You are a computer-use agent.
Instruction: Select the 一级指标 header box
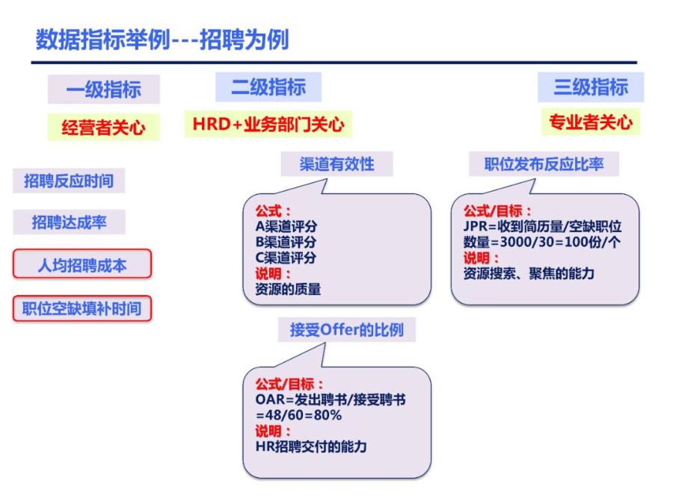(x=94, y=90)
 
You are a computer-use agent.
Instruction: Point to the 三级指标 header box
(x=591, y=87)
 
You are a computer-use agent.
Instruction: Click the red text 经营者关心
(x=93, y=128)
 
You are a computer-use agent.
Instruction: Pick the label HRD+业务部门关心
(x=268, y=125)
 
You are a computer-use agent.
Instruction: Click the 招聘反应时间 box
(x=68, y=181)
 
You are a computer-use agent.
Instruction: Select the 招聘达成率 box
(x=68, y=222)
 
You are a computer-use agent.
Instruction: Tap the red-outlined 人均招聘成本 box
(x=82, y=264)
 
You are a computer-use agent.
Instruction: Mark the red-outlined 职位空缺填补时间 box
(x=82, y=307)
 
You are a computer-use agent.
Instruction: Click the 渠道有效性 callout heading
(x=336, y=164)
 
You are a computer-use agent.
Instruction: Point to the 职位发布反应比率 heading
(x=544, y=164)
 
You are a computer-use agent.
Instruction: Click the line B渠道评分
(x=286, y=242)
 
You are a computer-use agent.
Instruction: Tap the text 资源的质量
(x=288, y=289)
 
